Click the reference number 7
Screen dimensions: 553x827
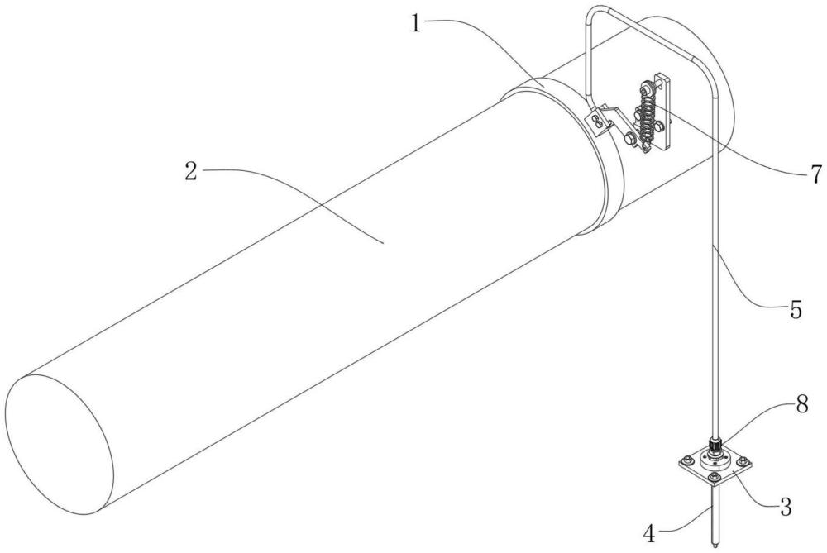click(x=814, y=174)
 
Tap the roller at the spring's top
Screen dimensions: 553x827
click(x=644, y=86)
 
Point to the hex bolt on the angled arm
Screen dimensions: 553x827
click(x=625, y=140)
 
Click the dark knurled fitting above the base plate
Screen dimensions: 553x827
click(x=715, y=444)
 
